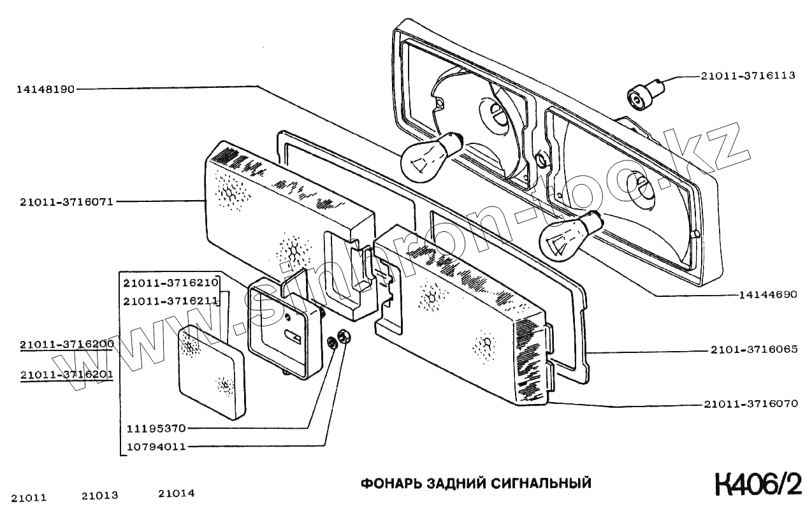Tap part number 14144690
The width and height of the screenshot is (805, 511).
pyautogui.click(x=768, y=295)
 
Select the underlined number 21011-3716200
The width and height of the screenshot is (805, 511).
pyautogui.click(x=66, y=344)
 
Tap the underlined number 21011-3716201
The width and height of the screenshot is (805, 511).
pyautogui.click(x=66, y=375)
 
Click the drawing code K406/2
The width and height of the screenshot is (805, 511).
pyautogui.click(x=758, y=484)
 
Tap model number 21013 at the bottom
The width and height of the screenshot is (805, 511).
pyautogui.click(x=100, y=495)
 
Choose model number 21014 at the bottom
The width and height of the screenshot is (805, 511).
pyautogui.click(x=176, y=493)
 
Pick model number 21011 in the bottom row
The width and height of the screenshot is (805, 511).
pyautogui.click(x=29, y=498)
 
